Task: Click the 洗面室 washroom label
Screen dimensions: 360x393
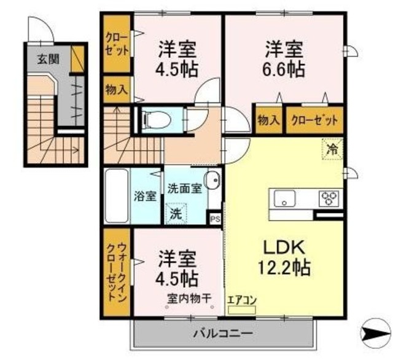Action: pos(184,189)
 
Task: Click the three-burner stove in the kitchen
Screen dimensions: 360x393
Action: pos(328,198)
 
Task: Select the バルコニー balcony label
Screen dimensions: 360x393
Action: pos(223,334)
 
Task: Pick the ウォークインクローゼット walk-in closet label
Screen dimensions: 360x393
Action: pos(117,271)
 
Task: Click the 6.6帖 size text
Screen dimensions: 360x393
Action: pos(284,68)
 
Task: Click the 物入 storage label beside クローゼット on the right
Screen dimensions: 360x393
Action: pos(268,120)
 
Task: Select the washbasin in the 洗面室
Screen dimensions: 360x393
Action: pos(212,183)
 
